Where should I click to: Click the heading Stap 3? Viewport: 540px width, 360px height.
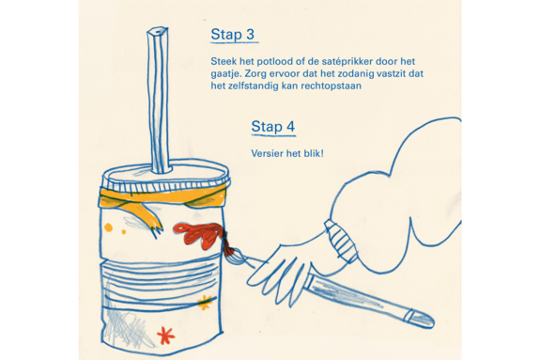tap(233, 35)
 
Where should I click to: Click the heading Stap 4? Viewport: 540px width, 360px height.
tap(273, 127)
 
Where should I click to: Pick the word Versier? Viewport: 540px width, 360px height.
tap(266, 153)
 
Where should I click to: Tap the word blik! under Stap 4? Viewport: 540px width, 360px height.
tap(314, 153)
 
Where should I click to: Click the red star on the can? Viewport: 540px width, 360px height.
tap(165, 336)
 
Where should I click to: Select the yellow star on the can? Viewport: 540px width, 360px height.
tap(205, 303)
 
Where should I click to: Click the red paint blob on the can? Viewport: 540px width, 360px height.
tap(199, 235)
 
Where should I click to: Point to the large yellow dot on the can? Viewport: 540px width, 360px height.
tap(109, 227)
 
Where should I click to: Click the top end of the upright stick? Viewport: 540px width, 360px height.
tap(158, 31)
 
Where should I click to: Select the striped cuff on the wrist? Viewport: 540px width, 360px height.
tap(341, 242)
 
